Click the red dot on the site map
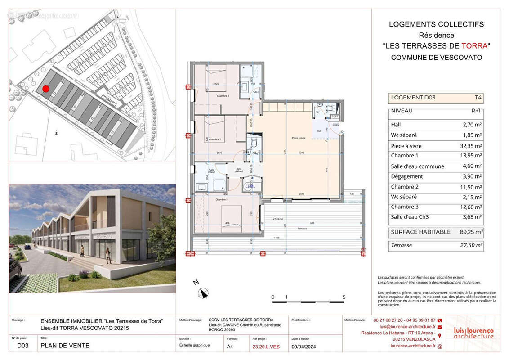pos(46,89)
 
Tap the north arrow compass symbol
pos(203,293)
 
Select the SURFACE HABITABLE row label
pos(420,232)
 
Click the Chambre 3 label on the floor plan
pos(210,96)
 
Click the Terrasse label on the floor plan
pos(302,229)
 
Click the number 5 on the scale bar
pos(344,297)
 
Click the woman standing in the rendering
pos(108,255)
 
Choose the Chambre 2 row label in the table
pos(405,187)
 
